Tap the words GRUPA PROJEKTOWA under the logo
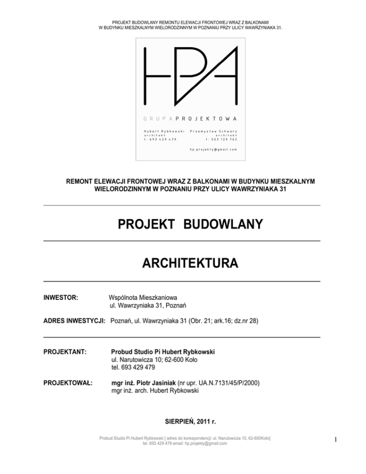coord(190,118)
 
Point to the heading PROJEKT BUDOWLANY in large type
coord(183,224)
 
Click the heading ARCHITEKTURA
coord(183,263)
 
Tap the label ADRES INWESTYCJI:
coord(75,321)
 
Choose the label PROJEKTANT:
coord(65,352)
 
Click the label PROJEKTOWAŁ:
coord(68,382)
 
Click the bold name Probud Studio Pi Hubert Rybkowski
coord(163,352)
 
